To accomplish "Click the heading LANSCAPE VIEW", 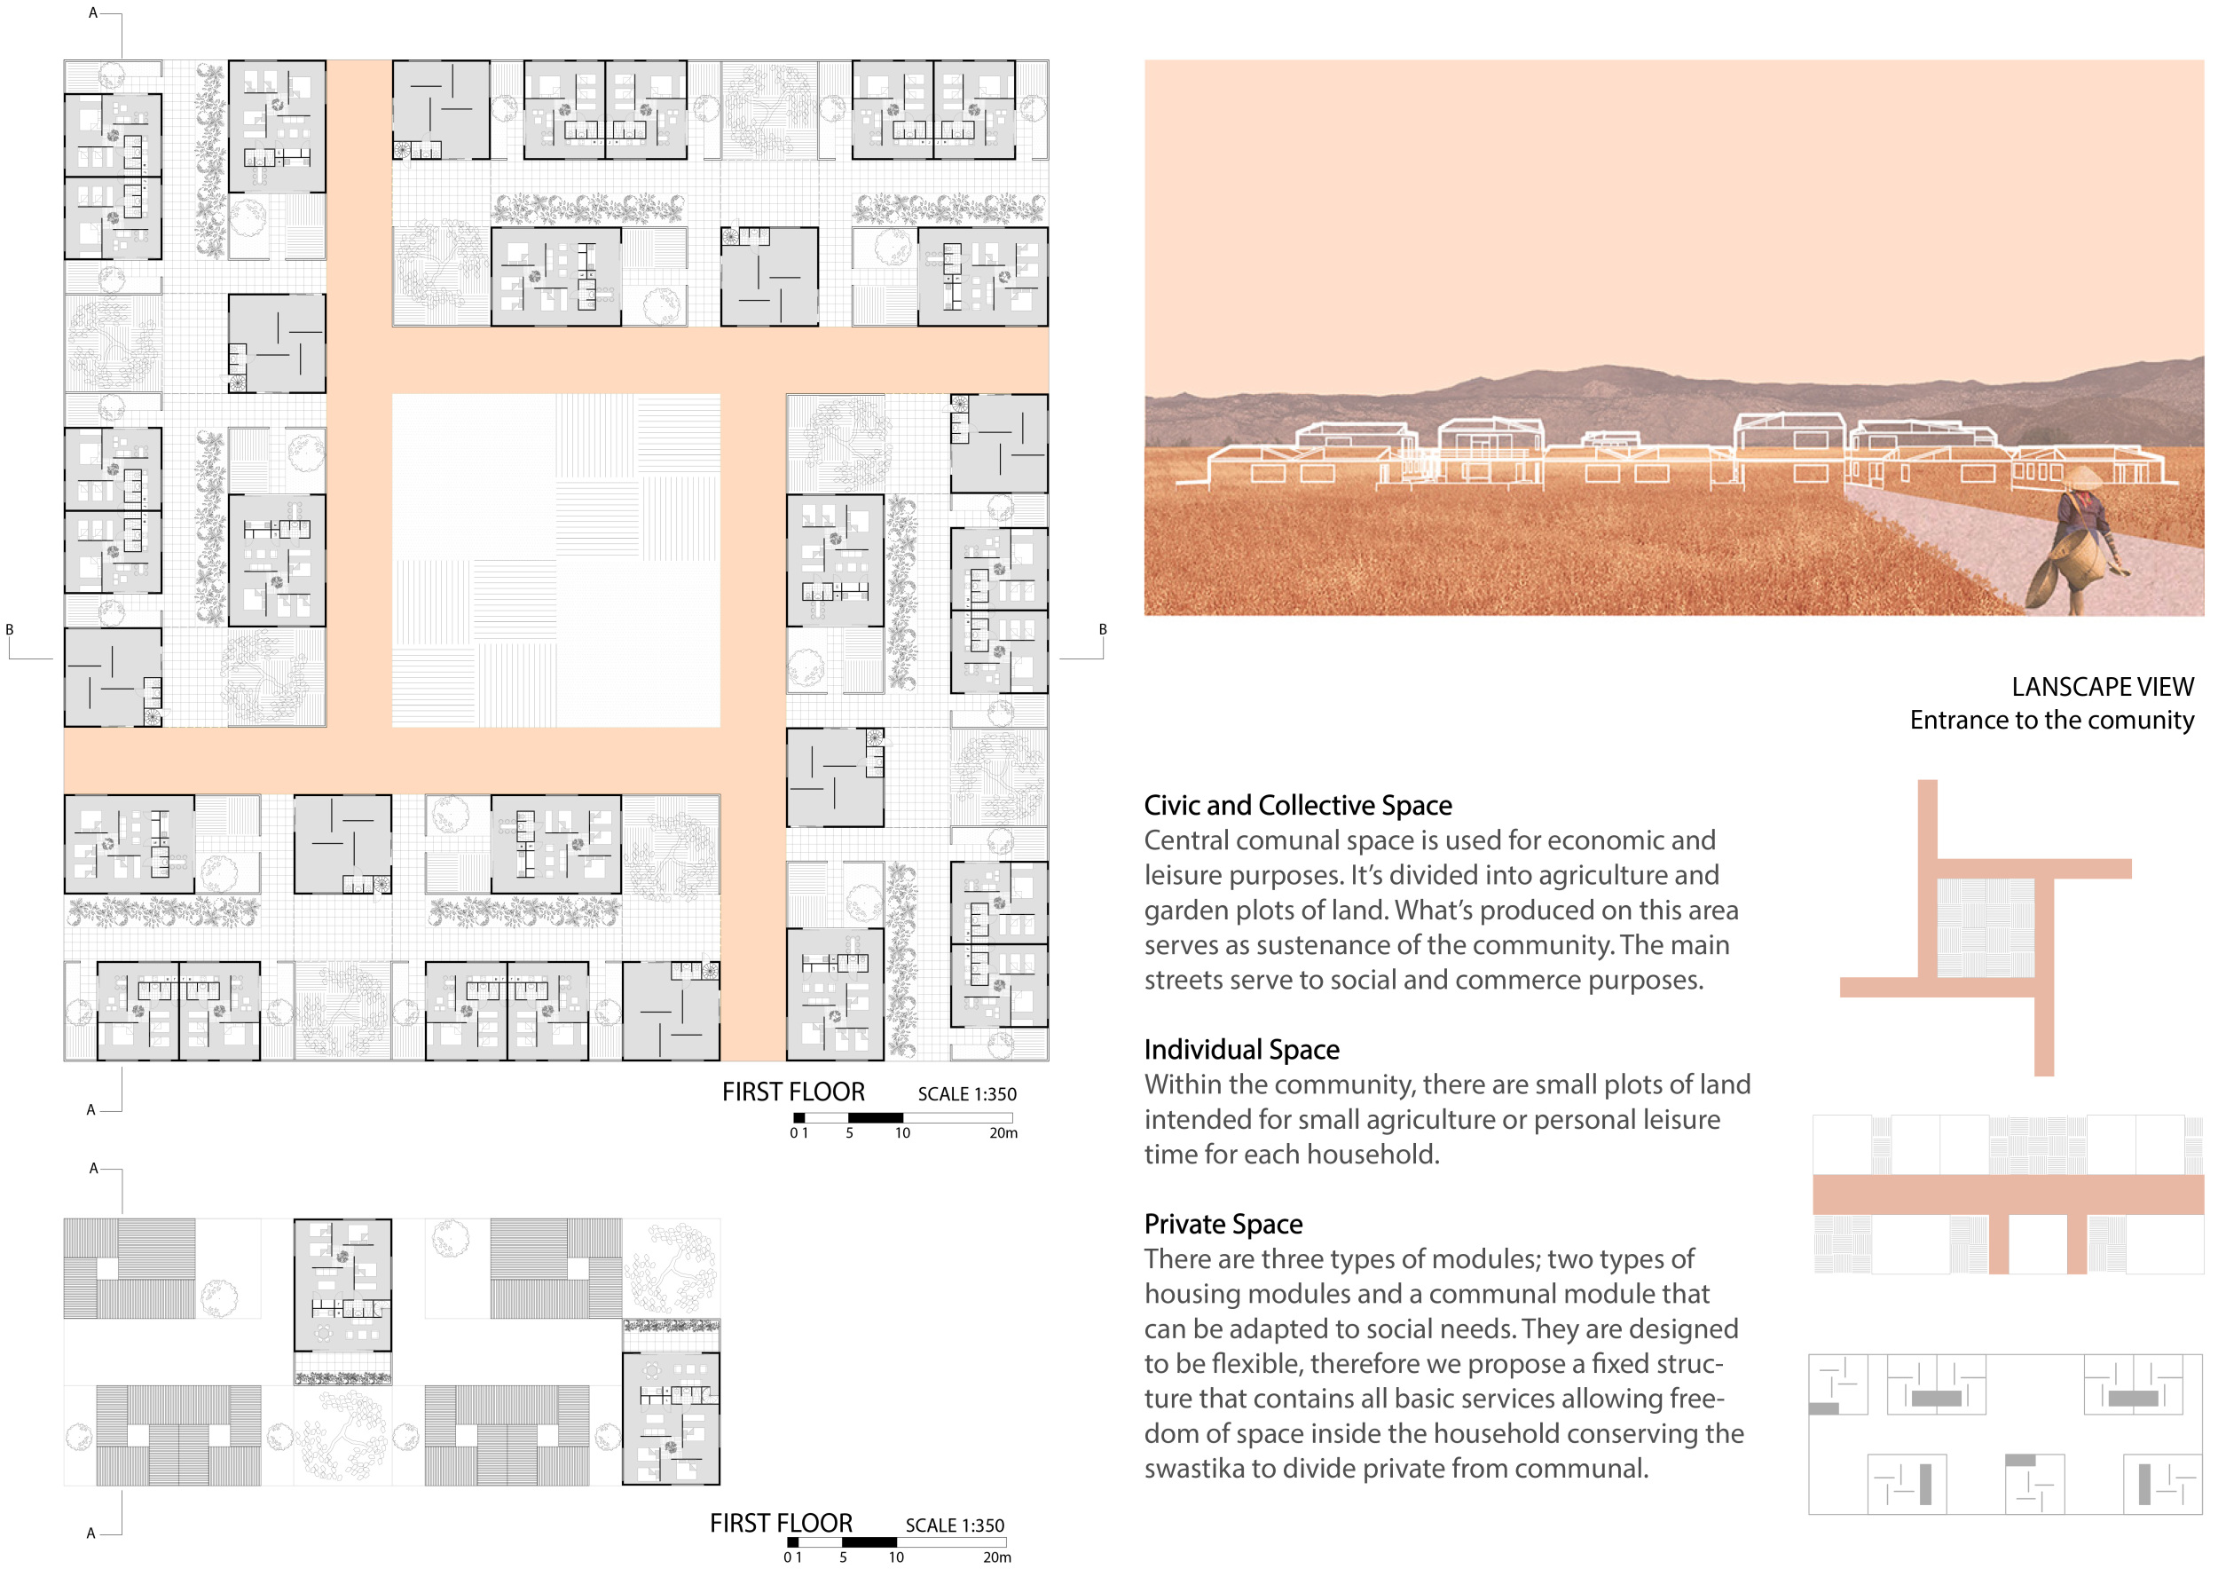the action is (2102, 687).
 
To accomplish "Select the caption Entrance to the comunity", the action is (2051, 720).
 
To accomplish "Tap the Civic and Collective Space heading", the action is (1297, 805).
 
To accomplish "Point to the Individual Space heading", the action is (1241, 1049).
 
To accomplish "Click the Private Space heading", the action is (1223, 1224).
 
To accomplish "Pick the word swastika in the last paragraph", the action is (1194, 1469).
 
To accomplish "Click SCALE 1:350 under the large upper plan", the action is (967, 1093).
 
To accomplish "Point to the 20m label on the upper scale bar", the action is (1003, 1132).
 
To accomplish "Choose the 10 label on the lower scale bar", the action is (896, 1557).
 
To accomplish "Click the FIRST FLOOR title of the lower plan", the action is (781, 1524).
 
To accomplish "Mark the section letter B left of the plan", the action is (10, 629).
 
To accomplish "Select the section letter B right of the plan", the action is (1102, 629).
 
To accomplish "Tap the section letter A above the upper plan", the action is (93, 12).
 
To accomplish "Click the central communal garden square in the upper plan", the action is (555, 559).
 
